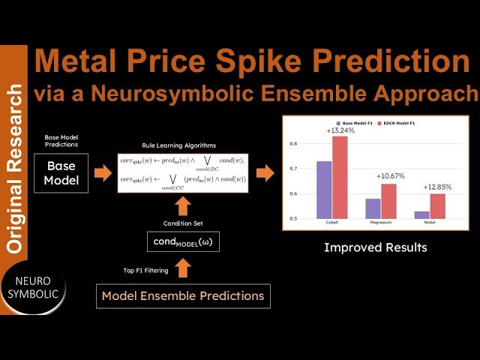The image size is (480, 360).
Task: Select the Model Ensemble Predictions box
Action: click(x=182, y=295)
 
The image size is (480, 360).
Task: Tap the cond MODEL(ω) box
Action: click(x=182, y=241)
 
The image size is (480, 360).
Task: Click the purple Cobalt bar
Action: click(x=324, y=190)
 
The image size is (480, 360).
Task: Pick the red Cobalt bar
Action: click(x=340, y=178)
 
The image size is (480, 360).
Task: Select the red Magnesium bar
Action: click(x=388, y=201)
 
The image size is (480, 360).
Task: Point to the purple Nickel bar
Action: click(x=421, y=214)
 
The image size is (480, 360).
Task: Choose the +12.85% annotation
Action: click(x=436, y=187)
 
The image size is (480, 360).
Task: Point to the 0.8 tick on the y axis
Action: click(x=293, y=143)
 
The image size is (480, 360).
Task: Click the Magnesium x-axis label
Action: click(x=380, y=223)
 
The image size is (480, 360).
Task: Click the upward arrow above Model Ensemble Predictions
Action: click(x=182, y=265)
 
